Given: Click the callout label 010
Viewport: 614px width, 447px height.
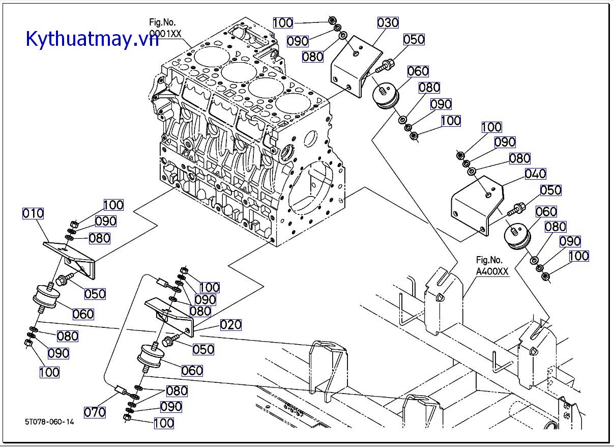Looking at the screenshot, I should (x=33, y=213).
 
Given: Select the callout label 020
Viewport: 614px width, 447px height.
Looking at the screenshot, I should (x=230, y=325).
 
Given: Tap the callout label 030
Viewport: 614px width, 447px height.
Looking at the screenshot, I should (x=388, y=22).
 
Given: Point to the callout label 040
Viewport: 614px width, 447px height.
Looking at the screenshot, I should (x=535, y=174).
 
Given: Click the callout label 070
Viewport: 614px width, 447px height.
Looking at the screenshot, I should (x=95, y=412).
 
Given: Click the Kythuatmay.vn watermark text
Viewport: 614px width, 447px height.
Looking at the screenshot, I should (x=92, y=38).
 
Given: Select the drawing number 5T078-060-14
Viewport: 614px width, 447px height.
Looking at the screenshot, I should (x=49, y=422).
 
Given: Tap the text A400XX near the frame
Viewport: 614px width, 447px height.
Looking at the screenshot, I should (x=492, y=272).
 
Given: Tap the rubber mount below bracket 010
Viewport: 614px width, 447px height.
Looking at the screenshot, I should (x=45, y=297).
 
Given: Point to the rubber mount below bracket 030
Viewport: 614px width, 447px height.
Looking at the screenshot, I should (x=386, y=97).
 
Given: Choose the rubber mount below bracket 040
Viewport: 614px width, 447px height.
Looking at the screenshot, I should (x=517, y=237).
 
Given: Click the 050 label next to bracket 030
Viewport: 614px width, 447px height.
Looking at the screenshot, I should (x=414, y=40).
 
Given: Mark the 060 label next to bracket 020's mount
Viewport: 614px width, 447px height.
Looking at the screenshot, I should (x=192, y=371).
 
